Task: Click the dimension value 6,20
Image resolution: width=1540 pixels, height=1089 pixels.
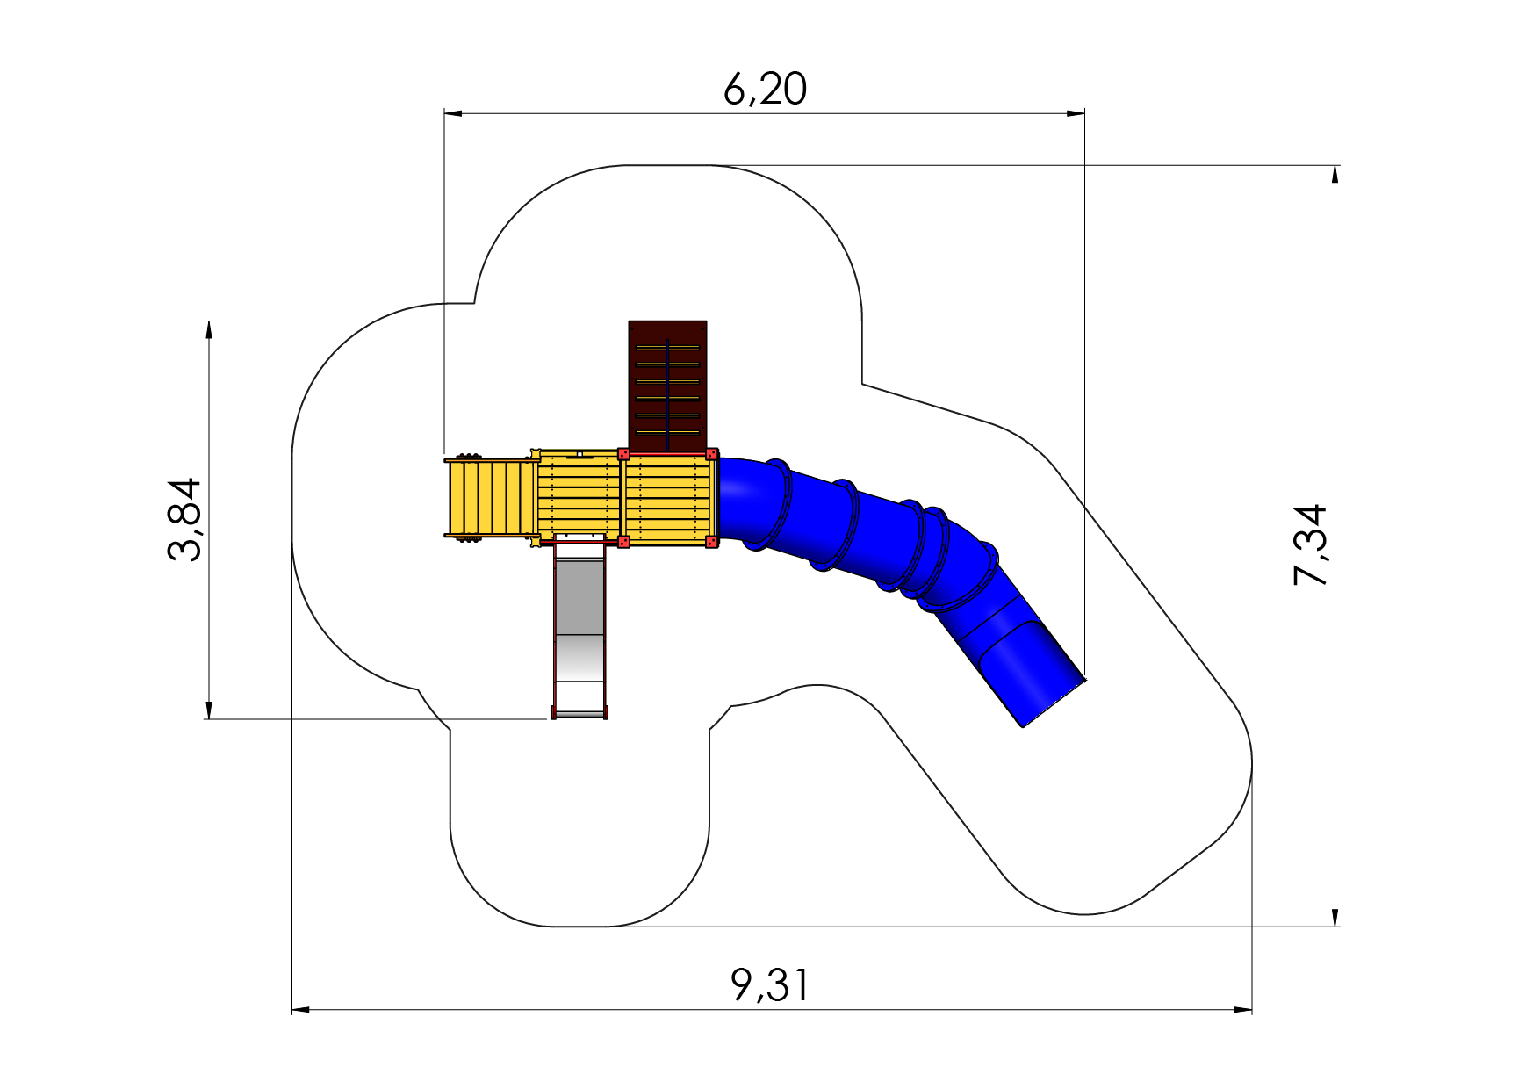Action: pos(765,90)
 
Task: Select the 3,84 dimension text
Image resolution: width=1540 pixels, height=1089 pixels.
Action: pos(185,520)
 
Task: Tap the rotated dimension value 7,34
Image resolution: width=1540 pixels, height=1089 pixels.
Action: pos(1310,545)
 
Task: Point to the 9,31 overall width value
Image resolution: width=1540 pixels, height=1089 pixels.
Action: pos(770,985)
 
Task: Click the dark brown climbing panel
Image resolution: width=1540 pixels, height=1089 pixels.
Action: pos(667,386)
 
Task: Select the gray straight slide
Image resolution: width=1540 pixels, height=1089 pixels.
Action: pos(579,627)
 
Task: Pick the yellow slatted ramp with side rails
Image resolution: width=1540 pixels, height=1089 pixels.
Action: pos(492,498)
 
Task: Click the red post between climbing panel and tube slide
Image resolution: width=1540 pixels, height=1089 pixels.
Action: pos(712,454)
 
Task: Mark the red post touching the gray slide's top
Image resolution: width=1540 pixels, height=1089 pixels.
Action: pos(623,542)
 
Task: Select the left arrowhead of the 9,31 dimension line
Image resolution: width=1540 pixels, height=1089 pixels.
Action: pos(301,1010)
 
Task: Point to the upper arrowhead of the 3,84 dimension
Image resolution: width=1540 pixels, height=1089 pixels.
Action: pos(209,329)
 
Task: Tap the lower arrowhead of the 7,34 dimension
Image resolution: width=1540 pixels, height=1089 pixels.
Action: pos(1335,917)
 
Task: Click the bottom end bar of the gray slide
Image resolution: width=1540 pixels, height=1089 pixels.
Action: pos(579,715)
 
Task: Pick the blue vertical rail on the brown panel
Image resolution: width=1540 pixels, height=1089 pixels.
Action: pos(667,394)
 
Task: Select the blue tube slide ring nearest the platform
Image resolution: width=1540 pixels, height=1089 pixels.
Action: pos(778,505)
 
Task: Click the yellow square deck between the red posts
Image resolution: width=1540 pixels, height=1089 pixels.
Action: pos(667,498)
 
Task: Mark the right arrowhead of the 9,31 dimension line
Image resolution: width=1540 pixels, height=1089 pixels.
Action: pos(1243,1010)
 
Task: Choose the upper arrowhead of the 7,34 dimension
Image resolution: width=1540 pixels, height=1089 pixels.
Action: pos(1335,174)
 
